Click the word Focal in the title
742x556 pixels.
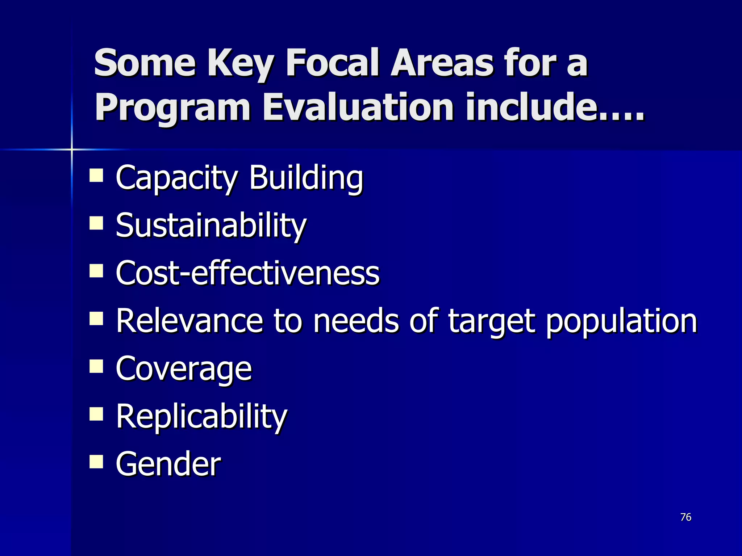click(x=333, y=63)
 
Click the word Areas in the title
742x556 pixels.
click(x=442, y=63)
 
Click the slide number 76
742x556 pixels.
click(x=686, y=517)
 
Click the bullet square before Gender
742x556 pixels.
click(x=96, y=462)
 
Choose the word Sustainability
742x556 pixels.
click(x=211, y=226)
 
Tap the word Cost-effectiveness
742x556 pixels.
click(x=248, y=273)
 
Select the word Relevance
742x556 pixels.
click(x=189, y=321)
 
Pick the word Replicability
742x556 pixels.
click(x=201, y=417)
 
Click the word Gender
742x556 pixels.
click(x=168, y=464)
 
